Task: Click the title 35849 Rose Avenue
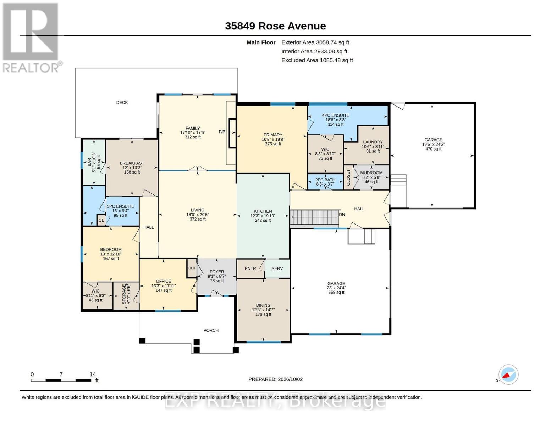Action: click(x=275, y=26)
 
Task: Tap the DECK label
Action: click(x=122, y=102)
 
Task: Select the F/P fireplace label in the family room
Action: click(x=222, y=132)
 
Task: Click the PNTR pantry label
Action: click(x=250, y=268)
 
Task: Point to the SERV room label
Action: click(x=277, y=268)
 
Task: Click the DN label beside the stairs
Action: click(x=342, y=215)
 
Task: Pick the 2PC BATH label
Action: click(x=325, y=180)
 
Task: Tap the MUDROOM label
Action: click(x=371, y=173)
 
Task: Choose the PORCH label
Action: click(x=211, y=330)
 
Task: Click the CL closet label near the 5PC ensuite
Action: click(x=101, y=221)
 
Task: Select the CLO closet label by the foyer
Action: click(x=192, y=268)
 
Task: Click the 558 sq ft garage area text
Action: click(x=336, y=292)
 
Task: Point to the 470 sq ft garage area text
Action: click(x=433, y=149)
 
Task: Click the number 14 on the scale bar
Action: click(x=93, y=374)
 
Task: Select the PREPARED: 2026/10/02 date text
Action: click(x=275, y=379)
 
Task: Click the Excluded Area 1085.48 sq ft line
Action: click(x=317, y=60)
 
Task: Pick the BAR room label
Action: click(x=89, y=162)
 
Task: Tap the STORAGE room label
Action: click(x=124, y=294)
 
